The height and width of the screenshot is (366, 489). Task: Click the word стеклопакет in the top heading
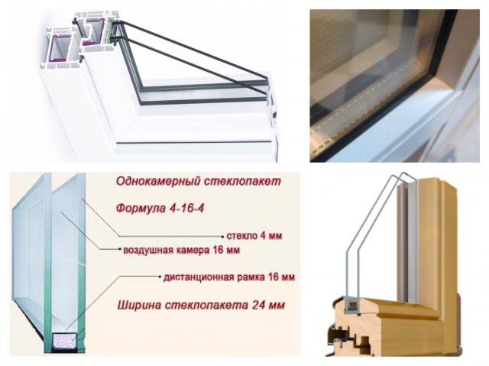(x=242, y=181)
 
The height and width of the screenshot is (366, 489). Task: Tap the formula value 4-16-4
(x=186, y=208)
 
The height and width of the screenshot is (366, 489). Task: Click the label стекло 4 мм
(x=254, y=235)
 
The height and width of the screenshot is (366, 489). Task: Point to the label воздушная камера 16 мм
(x=182, y=251)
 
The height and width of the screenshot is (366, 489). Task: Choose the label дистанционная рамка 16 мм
(x=229, y=277)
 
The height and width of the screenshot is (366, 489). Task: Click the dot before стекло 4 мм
(x=222, y=237)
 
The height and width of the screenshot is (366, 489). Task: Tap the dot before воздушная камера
(x=120, y=249)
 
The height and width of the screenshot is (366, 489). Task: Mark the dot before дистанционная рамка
(x=160, y=277)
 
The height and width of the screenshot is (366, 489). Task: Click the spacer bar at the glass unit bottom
(x=64, y=341)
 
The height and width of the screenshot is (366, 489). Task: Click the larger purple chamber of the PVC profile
(x=58, y=48)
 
